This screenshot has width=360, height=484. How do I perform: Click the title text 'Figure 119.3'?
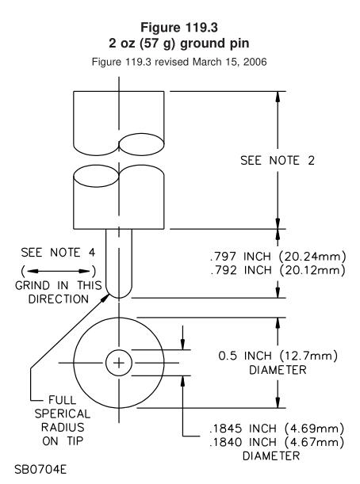tap(179, 27)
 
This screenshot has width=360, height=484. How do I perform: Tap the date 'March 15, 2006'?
tap(230, 62)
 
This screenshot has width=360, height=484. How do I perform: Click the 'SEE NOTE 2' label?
tap(278, 161)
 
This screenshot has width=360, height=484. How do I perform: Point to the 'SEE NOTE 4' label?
tap(58, 253)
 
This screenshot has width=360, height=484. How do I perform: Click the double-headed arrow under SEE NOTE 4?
tap(59, 272)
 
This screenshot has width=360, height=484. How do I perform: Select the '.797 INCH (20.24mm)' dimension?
tap(278, 256)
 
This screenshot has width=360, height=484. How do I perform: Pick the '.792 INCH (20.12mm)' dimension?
tap(278, 270)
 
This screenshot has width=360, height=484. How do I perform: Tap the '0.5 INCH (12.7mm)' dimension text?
tap(278, 356)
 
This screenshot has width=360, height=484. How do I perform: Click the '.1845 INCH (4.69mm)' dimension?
tap(277, 429)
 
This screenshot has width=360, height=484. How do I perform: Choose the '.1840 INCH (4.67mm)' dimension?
tap(277, 442)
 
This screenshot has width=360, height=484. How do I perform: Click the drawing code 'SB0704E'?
tap(40, 470)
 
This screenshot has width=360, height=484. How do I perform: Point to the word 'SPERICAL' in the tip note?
tap(63, 414)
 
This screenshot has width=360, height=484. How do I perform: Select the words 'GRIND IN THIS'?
tap(59, 285)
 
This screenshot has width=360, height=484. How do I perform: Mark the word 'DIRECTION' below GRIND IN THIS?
tap(59, 299)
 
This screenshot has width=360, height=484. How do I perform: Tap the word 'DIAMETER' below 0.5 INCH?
tap(278, 370)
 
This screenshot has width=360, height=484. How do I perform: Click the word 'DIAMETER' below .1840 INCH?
tap(271, 456)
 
